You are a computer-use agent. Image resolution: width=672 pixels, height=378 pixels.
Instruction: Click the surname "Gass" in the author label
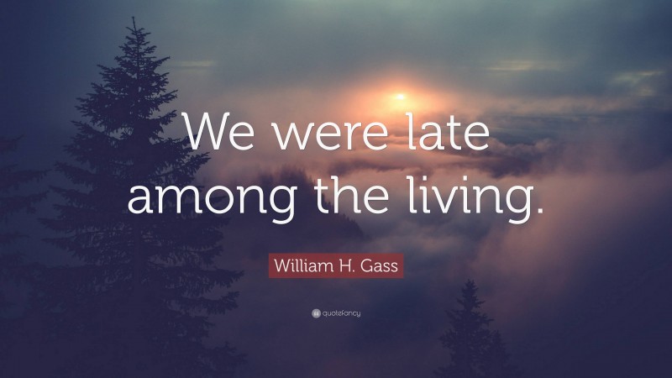(380, 267)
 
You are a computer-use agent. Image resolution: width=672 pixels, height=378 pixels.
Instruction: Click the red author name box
(336, 267)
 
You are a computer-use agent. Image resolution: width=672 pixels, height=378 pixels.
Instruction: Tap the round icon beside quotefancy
(316, 313)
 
